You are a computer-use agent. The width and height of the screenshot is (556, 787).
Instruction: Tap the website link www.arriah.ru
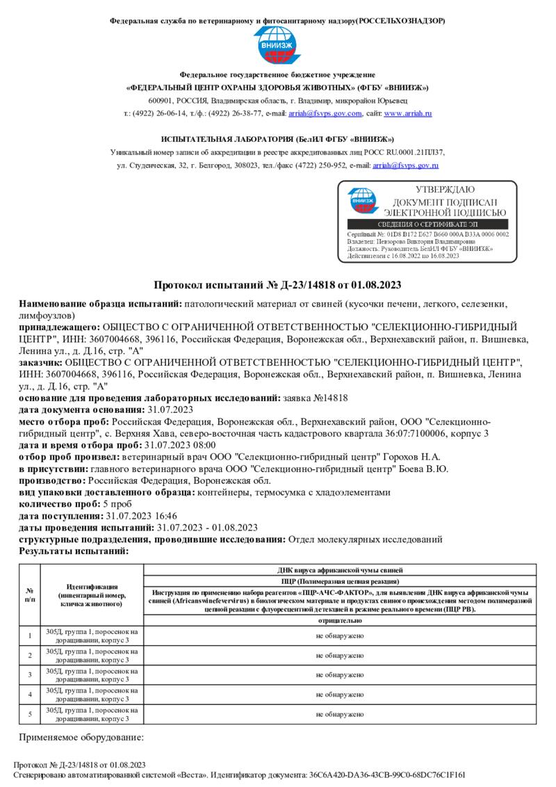pyautogui.click(x=408, y=113)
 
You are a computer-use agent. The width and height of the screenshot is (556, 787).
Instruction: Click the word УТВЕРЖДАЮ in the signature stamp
pyautogui.click(x=445, y=190)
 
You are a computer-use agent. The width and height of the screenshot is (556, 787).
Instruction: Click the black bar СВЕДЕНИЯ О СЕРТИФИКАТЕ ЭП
pyautogui.click(x=427, y=224)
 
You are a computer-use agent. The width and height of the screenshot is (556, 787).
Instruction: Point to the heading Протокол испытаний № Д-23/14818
pyautogui.click(x=277, y=285)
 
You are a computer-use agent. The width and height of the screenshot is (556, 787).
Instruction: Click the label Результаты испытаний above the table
pyautogui.click(x=74, y=551)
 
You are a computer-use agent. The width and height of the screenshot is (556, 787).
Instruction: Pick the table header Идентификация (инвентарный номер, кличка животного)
pyautogui.click(x=92, y=596)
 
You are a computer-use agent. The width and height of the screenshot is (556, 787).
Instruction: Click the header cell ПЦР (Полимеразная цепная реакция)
pyautogui.click(x=340, y=580)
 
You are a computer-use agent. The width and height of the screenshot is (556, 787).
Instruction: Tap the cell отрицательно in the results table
pyautogui.click(x=340, y=620)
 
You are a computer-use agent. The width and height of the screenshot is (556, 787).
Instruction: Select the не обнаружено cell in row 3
pyautogui.click(x=340, y=674)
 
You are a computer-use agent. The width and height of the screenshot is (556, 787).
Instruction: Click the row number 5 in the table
pyautogui.click(x=30, y=713)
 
